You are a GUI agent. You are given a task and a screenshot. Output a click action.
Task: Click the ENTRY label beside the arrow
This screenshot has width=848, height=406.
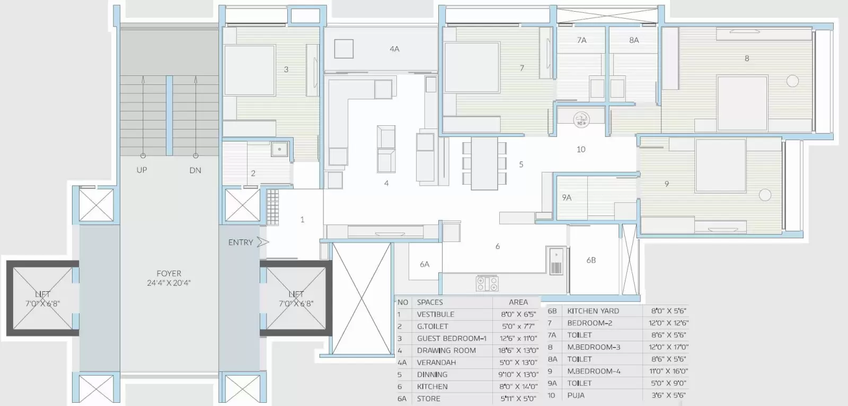point(241,243)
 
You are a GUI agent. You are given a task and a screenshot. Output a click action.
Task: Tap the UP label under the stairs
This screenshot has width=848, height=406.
point(142,170)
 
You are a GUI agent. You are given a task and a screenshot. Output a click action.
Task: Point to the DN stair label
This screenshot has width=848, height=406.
point(195,170)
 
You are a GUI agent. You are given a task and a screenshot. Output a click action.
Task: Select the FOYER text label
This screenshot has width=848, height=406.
point(169,273)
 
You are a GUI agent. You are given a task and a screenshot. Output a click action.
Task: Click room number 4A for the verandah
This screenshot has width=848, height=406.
point(394,49)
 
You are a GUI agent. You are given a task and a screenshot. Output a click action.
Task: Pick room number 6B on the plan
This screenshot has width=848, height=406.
point(591,260)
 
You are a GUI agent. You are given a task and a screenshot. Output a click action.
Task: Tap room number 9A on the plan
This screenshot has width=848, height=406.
point(567,197)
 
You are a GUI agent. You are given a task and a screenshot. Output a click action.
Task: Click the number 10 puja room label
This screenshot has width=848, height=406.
point(581,150)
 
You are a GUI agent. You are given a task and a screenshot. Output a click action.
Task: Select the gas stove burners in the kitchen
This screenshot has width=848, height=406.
point(487,283)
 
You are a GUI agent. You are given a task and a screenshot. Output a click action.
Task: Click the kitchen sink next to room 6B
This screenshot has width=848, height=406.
point(556,261)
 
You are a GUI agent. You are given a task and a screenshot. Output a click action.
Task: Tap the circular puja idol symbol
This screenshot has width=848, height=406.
point(581,119)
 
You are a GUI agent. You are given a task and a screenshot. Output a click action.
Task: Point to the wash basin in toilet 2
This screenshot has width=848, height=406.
point(279,149)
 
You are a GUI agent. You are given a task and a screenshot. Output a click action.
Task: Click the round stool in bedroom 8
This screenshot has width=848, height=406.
point(792,81)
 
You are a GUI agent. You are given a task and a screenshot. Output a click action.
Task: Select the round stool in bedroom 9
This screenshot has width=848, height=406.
point(765,195)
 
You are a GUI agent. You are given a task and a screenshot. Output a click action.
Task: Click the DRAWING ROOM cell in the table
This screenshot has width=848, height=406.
point(446,350)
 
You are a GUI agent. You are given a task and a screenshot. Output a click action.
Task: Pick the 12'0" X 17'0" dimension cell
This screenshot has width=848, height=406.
point(668,347)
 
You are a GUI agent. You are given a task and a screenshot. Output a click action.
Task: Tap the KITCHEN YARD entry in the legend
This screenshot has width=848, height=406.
point(593,311)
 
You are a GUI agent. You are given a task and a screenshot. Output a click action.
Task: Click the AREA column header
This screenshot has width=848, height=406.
point(518,302)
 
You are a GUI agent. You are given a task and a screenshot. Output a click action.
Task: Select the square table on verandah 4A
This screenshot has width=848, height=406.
point(344,49)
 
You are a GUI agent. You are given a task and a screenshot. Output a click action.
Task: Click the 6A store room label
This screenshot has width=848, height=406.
point(425,264)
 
